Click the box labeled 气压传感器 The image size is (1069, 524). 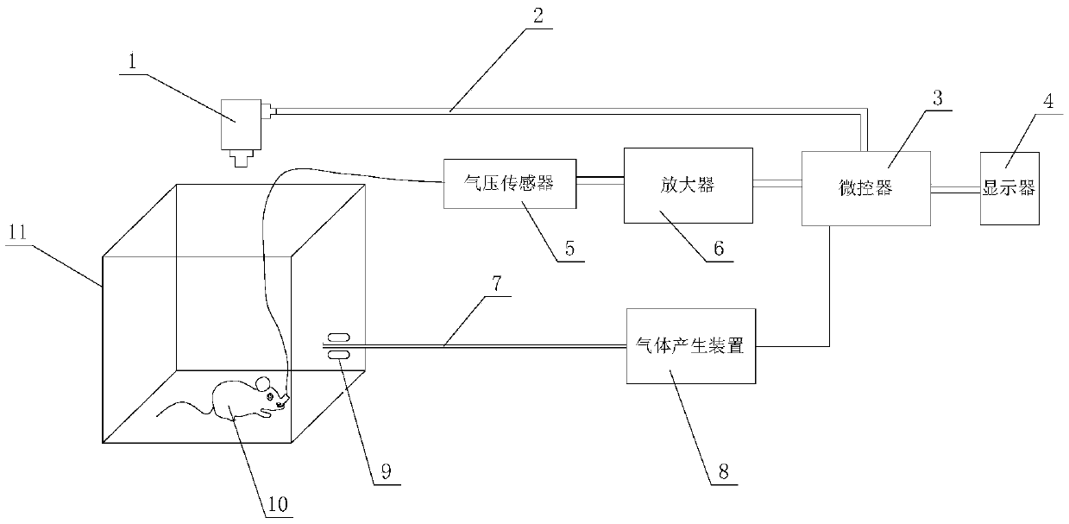point(509,183)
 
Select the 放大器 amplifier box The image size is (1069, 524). point(688,185)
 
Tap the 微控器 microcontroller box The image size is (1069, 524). point(866,189)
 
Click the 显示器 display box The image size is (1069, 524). point(1009,188)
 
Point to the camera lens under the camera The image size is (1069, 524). point(242,158)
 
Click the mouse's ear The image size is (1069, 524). point(263,382)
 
